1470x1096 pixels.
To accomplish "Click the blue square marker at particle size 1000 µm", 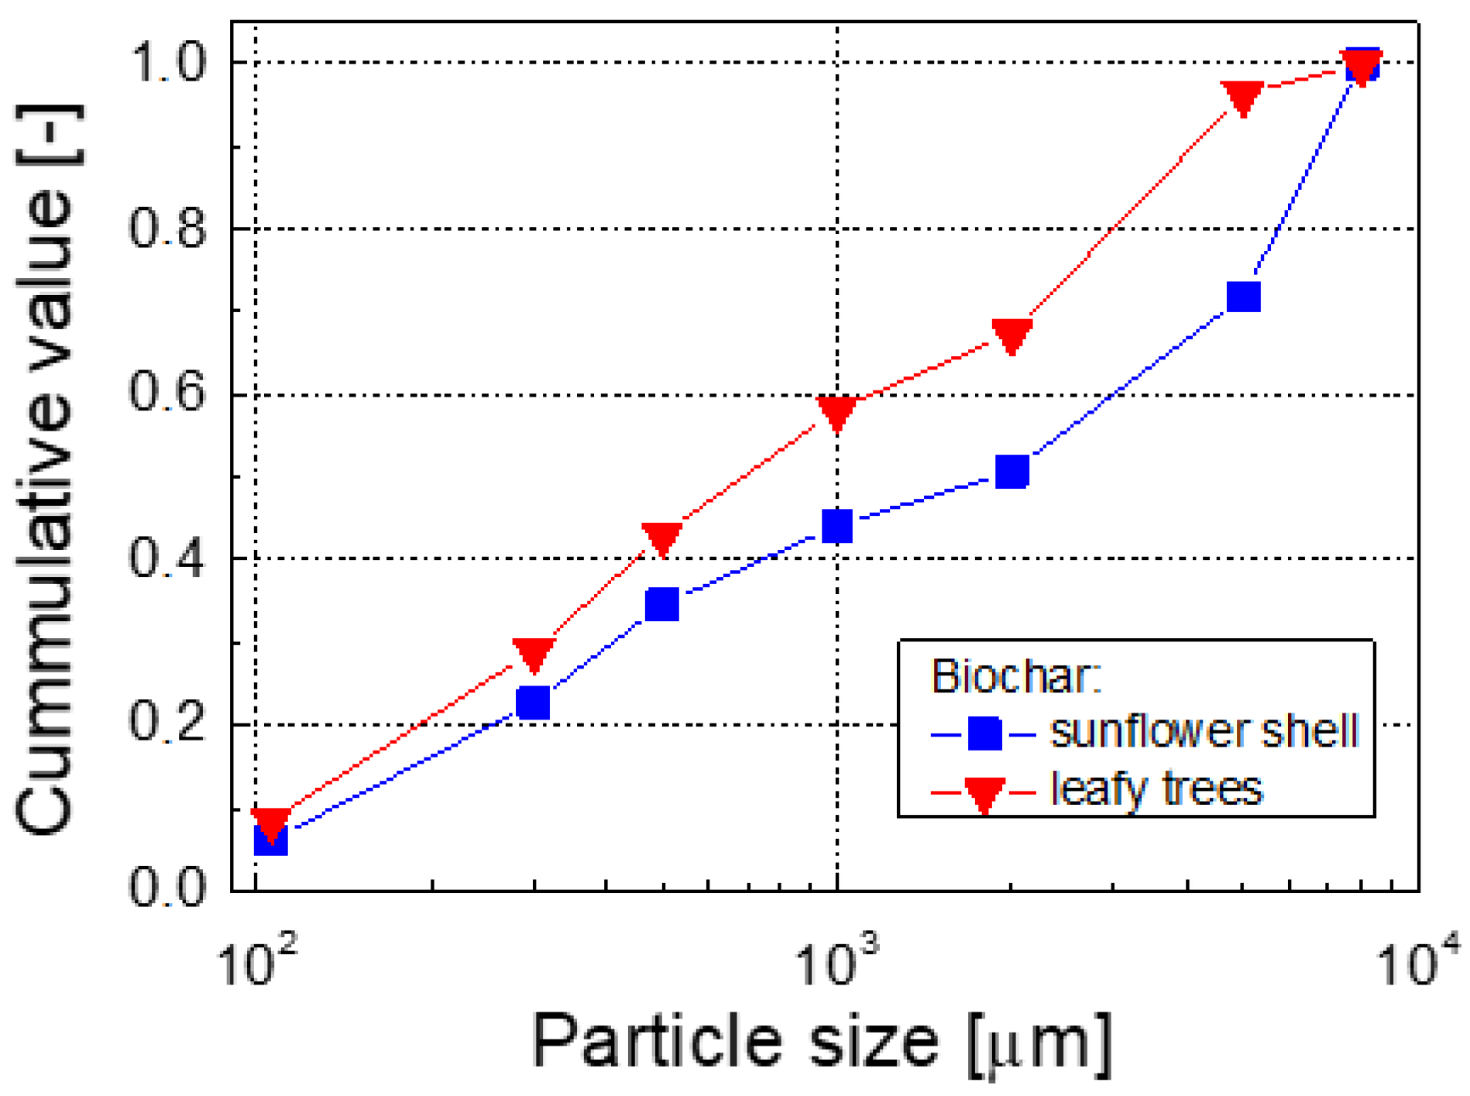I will point(837,526).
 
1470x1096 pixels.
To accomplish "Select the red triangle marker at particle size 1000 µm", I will point(837,412).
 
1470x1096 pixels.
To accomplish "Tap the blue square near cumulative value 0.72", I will point(1244,297).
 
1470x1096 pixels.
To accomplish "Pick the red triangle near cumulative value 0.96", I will point(1242,97).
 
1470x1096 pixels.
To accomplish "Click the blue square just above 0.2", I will point(533,703).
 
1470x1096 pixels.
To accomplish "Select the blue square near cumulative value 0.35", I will point(662,604).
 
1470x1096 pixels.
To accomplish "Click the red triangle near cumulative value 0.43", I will point(662,538).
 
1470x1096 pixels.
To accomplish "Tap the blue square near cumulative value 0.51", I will point(1011,471).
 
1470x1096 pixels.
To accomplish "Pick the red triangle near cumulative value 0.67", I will point(1011,335).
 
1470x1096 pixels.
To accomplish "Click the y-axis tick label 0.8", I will point(167,229).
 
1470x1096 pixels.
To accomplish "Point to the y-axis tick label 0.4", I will point(167,558).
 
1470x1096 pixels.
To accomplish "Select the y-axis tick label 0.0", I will point(167,888).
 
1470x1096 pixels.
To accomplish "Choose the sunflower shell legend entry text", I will point(1204,730).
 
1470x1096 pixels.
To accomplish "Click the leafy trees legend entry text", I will point(1156,789).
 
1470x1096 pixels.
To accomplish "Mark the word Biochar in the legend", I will point(1015,676).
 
